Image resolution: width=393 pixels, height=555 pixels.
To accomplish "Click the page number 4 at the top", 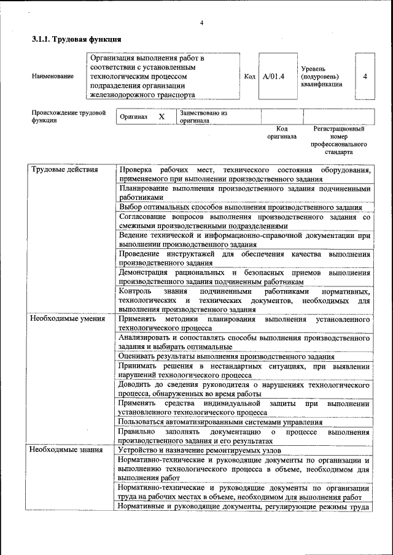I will (201, 23).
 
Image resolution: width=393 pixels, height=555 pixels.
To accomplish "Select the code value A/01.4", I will (273, 77).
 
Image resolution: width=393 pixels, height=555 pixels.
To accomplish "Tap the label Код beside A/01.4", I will (249, 77).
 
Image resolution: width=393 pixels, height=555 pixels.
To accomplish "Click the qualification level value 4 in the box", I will (365, 77).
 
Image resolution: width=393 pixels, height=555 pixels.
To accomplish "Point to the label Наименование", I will (53, 77).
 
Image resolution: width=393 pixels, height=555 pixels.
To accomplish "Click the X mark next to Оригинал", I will (161, 117).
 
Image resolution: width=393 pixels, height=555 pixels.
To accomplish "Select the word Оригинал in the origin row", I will (133, 117).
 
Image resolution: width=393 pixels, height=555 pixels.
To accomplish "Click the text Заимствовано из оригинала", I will (203, 117).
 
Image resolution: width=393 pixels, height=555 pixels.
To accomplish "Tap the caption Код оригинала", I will (282, 132).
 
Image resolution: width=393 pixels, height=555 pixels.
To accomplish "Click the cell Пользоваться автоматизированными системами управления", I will (220, 422).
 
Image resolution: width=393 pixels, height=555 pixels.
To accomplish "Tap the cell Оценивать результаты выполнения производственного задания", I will (227, 356).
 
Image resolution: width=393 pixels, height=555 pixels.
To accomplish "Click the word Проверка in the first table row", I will (137, 169).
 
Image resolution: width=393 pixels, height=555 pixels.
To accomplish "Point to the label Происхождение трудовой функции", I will (68, 117).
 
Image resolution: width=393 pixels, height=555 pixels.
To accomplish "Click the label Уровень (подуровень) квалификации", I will (321, 77).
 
